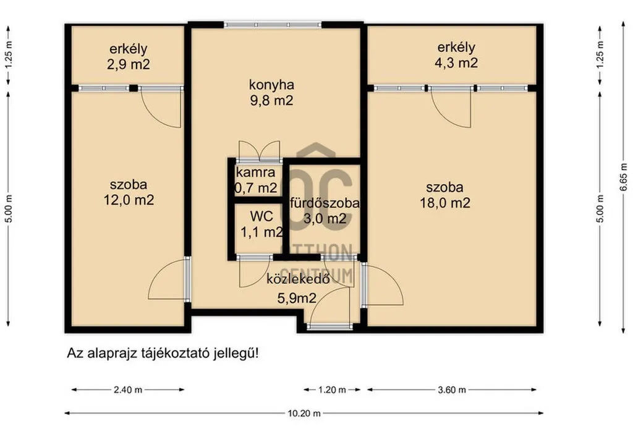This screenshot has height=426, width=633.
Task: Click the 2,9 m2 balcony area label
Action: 129,64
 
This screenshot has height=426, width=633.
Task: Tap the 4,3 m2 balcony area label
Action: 456,62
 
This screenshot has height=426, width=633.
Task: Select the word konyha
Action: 271,85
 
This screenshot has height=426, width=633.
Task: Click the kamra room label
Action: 255,173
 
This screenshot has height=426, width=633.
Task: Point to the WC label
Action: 261,216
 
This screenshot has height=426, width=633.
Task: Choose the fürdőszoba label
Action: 325,203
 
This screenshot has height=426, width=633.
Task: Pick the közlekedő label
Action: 299,279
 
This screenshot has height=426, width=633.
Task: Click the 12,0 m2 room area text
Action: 129,200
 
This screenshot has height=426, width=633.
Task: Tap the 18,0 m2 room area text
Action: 445,202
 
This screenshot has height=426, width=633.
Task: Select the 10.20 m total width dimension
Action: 304,413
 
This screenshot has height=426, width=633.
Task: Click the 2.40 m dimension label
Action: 128,390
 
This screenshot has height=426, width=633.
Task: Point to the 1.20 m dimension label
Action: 332,390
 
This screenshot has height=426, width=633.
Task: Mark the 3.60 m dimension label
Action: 452,390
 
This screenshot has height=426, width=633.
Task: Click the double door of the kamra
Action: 259,151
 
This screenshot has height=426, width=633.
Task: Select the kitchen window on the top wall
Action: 273,25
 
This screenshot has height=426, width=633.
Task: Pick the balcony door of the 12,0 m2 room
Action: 161,106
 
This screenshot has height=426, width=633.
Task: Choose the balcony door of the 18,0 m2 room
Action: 451,106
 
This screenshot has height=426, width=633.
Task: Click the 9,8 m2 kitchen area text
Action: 272,100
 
